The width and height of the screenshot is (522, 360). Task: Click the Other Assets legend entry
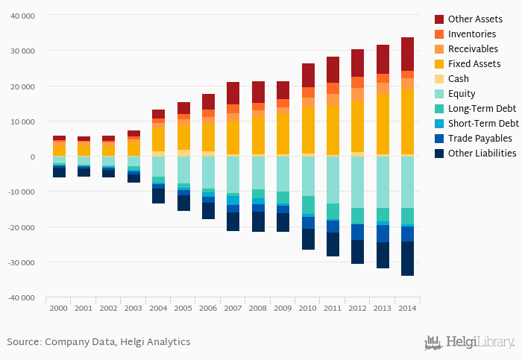(x=475, y=19)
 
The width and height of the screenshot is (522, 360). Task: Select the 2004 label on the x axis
(x=158, y=307)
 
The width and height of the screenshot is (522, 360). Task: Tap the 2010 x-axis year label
(x=308, y=307)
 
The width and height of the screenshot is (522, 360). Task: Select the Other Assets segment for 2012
(x=358, y=63)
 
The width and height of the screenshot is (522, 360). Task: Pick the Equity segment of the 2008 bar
(x=258, y=173)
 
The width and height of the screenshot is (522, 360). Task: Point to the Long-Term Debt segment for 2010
(x=308, y=205)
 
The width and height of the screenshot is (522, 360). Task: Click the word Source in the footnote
(x=23, y=342)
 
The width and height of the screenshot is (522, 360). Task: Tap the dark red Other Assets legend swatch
(x=439, y=19)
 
